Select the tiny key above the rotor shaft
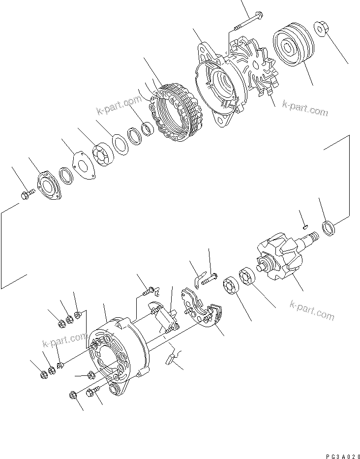coord(305,226)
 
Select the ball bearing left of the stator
coord(104,153)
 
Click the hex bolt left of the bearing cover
coord(28,196)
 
